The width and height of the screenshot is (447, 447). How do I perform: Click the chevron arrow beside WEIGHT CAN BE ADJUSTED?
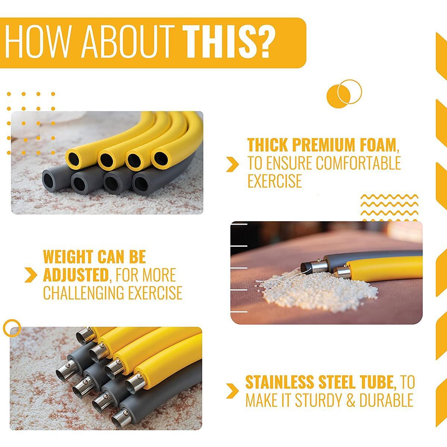click(x=31, y=275)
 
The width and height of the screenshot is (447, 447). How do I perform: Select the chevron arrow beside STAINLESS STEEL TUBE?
click(x=232, y=391)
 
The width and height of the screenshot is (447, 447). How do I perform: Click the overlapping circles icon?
click(x=344, y=94)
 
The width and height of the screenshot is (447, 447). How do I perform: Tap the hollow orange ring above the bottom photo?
click(x=12, y=328)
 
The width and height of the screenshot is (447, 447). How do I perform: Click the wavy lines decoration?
click(x=390, y=207)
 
